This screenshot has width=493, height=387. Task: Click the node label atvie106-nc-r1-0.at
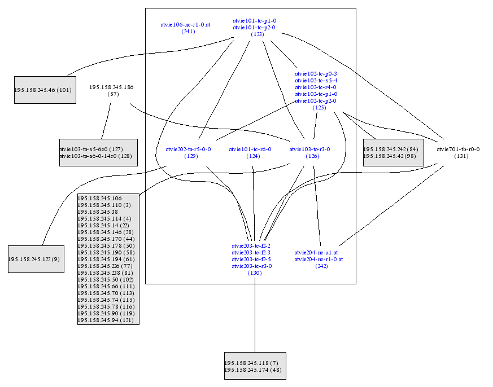coord(185,25)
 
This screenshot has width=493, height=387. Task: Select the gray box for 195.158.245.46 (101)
coord(45,90)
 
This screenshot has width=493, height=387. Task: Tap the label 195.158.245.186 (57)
coord(112,90)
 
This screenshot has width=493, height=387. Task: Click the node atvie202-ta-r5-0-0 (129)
coord(188,152)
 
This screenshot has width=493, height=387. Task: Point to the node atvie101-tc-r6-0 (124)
coord(250,152)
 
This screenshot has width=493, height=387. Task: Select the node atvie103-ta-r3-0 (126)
coord(309,152)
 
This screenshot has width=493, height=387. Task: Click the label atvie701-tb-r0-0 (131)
coord(459,152)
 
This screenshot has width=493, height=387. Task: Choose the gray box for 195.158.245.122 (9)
coord(36,259)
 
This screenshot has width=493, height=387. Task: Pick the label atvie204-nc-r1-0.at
coord(319,260)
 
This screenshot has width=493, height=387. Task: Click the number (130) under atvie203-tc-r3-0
coord(254,273)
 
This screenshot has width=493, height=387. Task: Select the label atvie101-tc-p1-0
coord(255,21)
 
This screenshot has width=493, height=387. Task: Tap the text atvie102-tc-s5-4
coord(316,81)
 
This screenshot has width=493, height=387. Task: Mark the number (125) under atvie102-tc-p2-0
coord(319,108)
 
